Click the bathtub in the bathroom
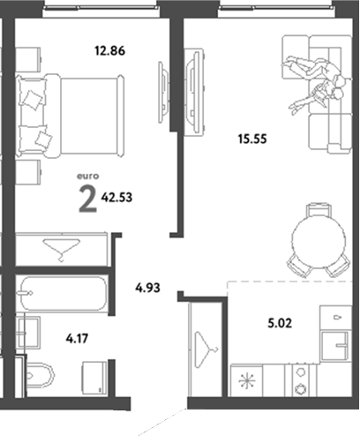point(63,292)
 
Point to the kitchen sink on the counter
point(334,344)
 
